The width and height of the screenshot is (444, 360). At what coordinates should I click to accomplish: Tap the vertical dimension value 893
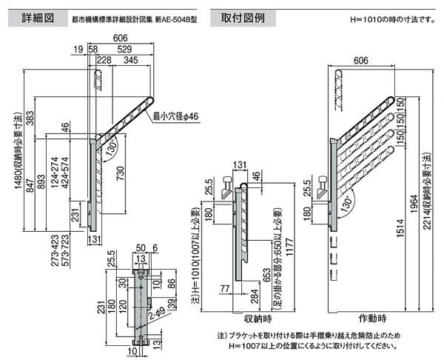click(41, 184)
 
